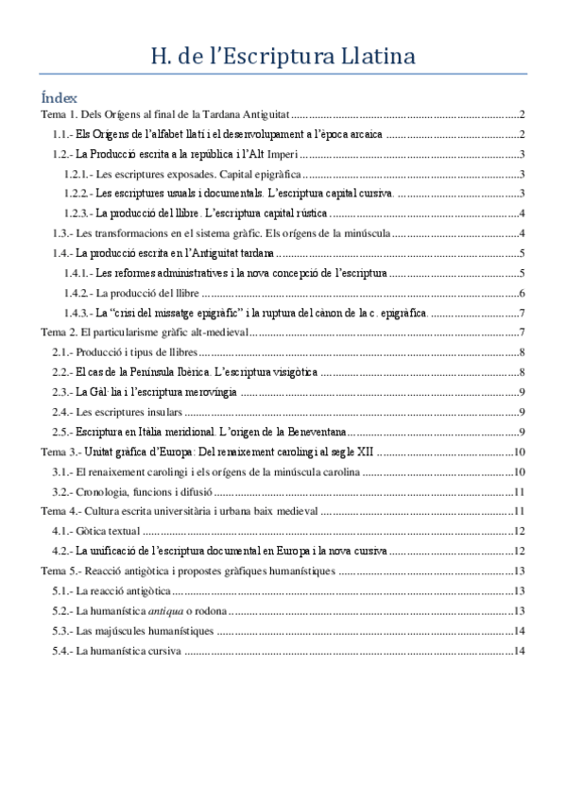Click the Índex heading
[x=53, y=97]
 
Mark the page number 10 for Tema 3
[x=520, y=452]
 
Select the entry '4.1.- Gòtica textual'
[x=91, y=531]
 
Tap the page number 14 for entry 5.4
[x=520, y=651]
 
